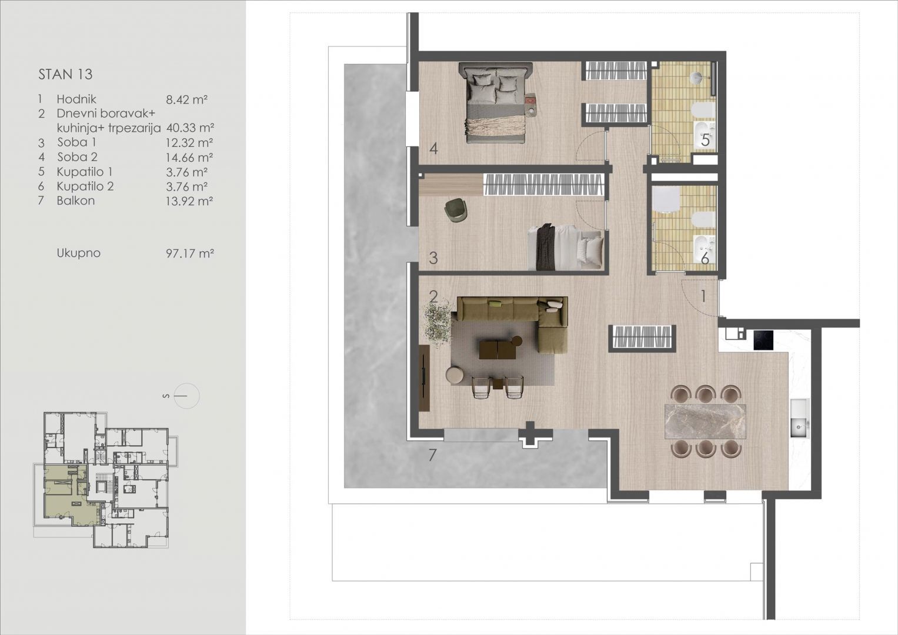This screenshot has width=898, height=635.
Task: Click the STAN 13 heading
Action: [65, 74]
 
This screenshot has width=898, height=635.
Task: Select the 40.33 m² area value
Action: [190, 128]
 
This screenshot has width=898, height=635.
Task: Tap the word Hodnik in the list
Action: [76, 99]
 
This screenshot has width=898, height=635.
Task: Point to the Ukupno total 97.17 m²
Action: [190, 253]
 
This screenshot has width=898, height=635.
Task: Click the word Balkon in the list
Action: [76, 200]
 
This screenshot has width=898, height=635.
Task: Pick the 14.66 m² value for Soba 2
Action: [189, 158]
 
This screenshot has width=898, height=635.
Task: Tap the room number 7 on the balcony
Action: [432, 455]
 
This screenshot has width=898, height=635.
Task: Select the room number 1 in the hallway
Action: [703, 296]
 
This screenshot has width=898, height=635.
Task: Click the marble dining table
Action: [705, 422]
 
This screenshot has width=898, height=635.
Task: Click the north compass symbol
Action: [186, 396]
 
